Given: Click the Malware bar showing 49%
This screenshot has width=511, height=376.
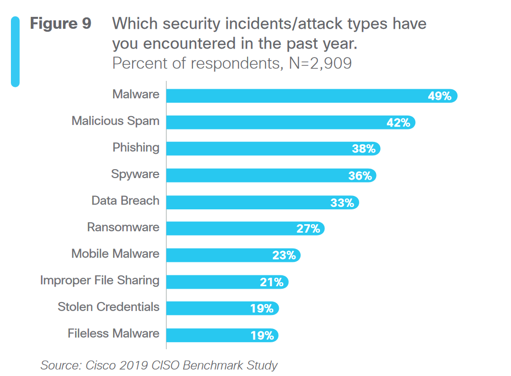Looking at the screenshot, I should pyautogui.click(x=298, y=96).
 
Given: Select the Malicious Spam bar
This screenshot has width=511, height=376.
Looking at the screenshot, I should pyautogui.click(x=278, y=123).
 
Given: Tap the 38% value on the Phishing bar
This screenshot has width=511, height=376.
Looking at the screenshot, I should pyautogui.click(x=364, y=149).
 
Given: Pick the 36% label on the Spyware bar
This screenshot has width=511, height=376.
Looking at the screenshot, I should pyautogui.click(x=360, y=176).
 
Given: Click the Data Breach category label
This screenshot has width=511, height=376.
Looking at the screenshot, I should pyautogui.click(x=126, y=201).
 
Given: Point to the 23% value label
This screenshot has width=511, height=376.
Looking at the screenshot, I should pyautogui.click(x=284, y=255).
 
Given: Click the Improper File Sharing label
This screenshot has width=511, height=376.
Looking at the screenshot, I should pyautogui.click(x=100, y=280).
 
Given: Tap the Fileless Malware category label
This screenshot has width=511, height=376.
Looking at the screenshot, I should pyautogui.click(x=114, y=333).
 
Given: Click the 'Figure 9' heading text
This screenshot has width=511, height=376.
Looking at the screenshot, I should pyautogui.click(x=61, y=24).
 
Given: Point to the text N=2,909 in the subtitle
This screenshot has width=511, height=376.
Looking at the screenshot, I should pyautogui.click(x=320, y=63).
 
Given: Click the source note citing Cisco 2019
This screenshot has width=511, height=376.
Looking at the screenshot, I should pyautogui.click(x=159, y=366).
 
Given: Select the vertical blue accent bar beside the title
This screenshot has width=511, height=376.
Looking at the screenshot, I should pyautogui.click(x=15, y=52).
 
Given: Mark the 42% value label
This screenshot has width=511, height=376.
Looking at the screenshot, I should pyautogui.click(x=398, y=123).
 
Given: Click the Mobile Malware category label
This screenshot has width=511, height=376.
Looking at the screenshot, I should pyautogui.click(x=115, y=254).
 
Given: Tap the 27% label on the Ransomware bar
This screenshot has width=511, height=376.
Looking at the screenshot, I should pyautogui.click(x=308, y=229).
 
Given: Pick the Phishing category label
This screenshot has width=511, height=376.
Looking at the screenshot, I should pyautogui.click(x=136, y=147).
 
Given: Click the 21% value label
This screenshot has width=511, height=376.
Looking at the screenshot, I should pyautogui.click(x=271, y=282).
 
